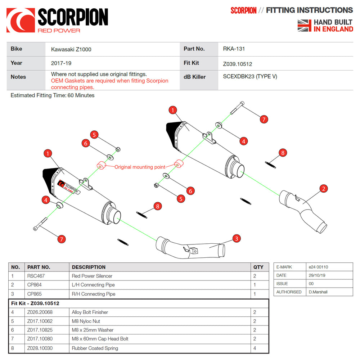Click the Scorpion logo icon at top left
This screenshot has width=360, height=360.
[21, 20]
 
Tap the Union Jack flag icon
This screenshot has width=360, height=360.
[304, 26]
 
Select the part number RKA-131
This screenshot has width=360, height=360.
[234, 49]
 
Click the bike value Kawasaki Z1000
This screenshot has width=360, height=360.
[71, 49]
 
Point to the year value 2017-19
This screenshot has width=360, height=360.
[61, 63]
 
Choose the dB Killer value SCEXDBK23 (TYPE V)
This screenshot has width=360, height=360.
[250, 77]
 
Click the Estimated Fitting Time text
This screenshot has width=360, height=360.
[53, 95]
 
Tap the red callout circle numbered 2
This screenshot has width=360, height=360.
[324, 188]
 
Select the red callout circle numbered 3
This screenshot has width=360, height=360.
[236, 238]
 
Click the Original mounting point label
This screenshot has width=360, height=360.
[140, 167]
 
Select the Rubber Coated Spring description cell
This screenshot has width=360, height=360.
[95, 348]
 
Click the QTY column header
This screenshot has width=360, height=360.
[258, 267]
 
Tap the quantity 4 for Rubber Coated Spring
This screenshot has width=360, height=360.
[255, 348]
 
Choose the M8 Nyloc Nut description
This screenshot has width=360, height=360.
[86, 321]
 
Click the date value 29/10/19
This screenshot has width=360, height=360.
[317, 275]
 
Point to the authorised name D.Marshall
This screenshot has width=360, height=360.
[318, 292]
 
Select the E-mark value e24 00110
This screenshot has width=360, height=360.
[318, 267]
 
